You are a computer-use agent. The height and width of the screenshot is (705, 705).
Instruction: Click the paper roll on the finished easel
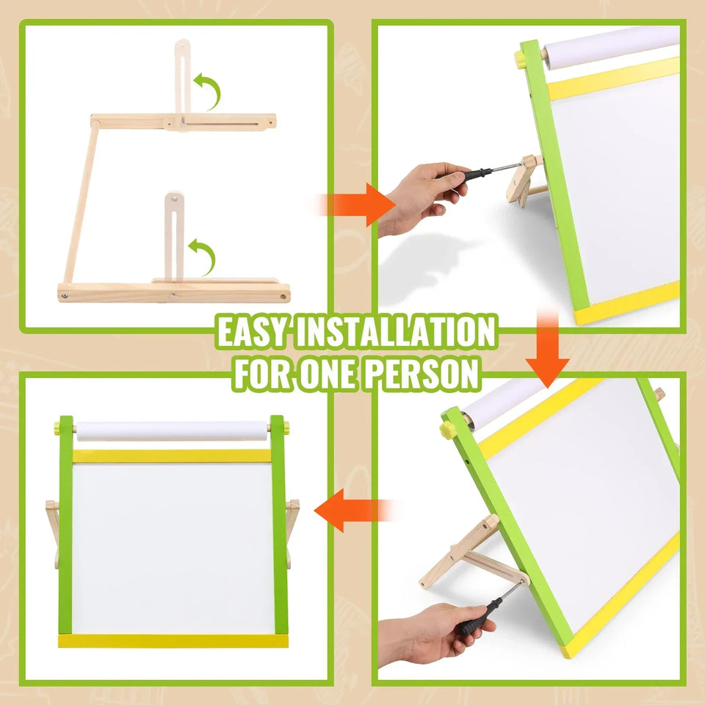coord(172,431)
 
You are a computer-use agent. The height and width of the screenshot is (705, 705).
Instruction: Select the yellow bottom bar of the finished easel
coord(173,641)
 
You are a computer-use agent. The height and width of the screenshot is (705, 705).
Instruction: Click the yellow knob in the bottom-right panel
coord(446,430)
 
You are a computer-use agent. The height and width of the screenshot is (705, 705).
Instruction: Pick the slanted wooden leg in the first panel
coord(82,202)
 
